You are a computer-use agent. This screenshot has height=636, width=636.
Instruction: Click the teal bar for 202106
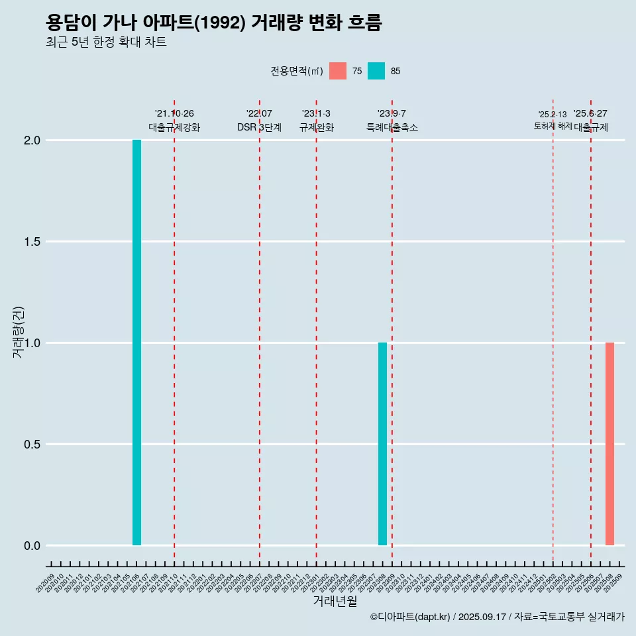[x=136, y=343]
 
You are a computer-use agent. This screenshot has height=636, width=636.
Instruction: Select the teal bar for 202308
[x=382, y=444]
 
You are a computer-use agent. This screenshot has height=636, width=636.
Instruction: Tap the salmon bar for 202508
[x=609, y=444]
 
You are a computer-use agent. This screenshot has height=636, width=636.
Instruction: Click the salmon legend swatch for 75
[x=338, y=71]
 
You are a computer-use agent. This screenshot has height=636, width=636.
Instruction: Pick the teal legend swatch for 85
[x=376, y=71]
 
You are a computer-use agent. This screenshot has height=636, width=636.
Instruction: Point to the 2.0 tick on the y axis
[x=32, y=140]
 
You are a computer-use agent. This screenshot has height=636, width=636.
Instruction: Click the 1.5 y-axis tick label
[x=32, y=242]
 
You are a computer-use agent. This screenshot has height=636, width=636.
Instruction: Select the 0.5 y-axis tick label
[x=32, y=445]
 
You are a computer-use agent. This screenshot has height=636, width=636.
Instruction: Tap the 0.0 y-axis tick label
[x=32, y=546]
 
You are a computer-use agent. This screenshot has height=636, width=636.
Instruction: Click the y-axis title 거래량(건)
[x=18, y=333]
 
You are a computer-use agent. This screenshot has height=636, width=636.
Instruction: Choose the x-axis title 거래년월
[x=335, y=602]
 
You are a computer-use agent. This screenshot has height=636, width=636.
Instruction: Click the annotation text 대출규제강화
[x=174, y=127]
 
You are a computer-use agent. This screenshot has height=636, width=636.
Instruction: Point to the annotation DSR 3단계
[x=259, y=127]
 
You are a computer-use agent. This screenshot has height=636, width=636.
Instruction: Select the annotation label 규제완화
[x=316, y=127]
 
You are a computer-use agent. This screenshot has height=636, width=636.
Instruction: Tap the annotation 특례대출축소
[x=392, y=127]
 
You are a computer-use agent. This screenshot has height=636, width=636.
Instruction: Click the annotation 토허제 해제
[x=553, y=126]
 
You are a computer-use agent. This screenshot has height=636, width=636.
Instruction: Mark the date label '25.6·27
[x=590, y=114]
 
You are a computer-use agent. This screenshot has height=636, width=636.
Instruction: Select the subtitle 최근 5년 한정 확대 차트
[x=106, y=42]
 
